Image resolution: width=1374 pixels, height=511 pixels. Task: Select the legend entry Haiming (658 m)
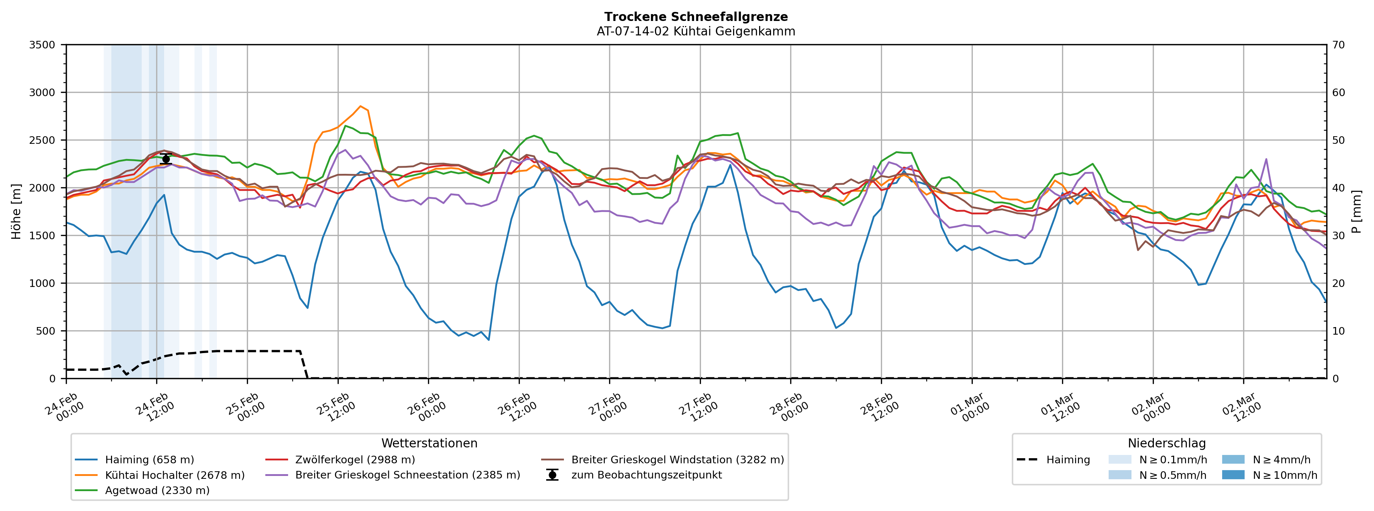click(149, 459)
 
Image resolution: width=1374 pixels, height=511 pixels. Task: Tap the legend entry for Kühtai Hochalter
click(175, 475)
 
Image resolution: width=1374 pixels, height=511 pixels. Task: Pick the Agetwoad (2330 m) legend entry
click(157, 490)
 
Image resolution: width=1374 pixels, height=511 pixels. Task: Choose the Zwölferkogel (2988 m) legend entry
click(355, 459)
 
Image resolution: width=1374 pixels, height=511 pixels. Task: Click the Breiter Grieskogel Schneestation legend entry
click(407, 475)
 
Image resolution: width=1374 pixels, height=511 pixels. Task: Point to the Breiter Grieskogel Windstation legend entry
click(677, 459)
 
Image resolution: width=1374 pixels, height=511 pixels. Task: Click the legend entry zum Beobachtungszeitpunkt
click(646, 475)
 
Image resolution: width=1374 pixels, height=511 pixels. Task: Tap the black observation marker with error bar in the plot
click(166, 159)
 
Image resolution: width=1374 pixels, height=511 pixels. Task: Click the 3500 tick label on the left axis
click(42, 45)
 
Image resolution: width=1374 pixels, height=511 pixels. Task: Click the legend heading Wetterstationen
click(429, 443)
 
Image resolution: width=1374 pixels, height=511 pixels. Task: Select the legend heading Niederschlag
click(1167, 443)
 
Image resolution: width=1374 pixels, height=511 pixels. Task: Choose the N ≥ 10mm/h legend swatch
click(1233, 475)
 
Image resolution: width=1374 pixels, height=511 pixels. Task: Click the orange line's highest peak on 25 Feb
click(360, 106)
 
